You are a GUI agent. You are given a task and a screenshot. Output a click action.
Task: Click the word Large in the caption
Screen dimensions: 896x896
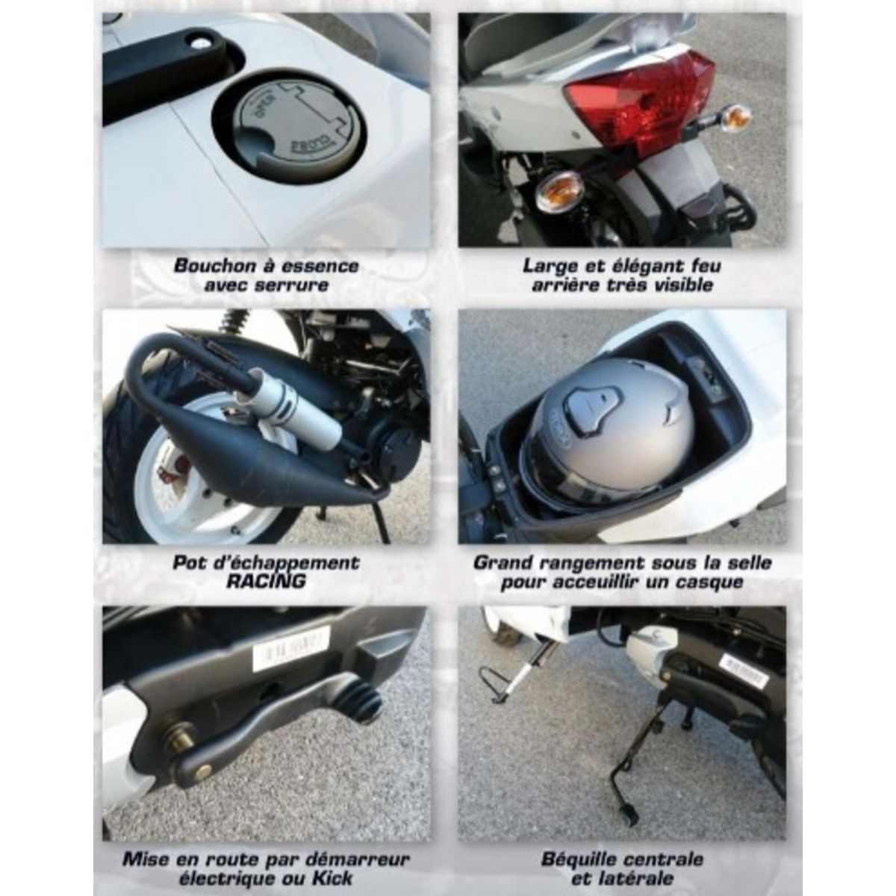pyautogui.click(x=551, y=266)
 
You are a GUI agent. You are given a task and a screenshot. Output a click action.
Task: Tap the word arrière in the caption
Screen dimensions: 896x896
pyautogui.click(x=569, y=284)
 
